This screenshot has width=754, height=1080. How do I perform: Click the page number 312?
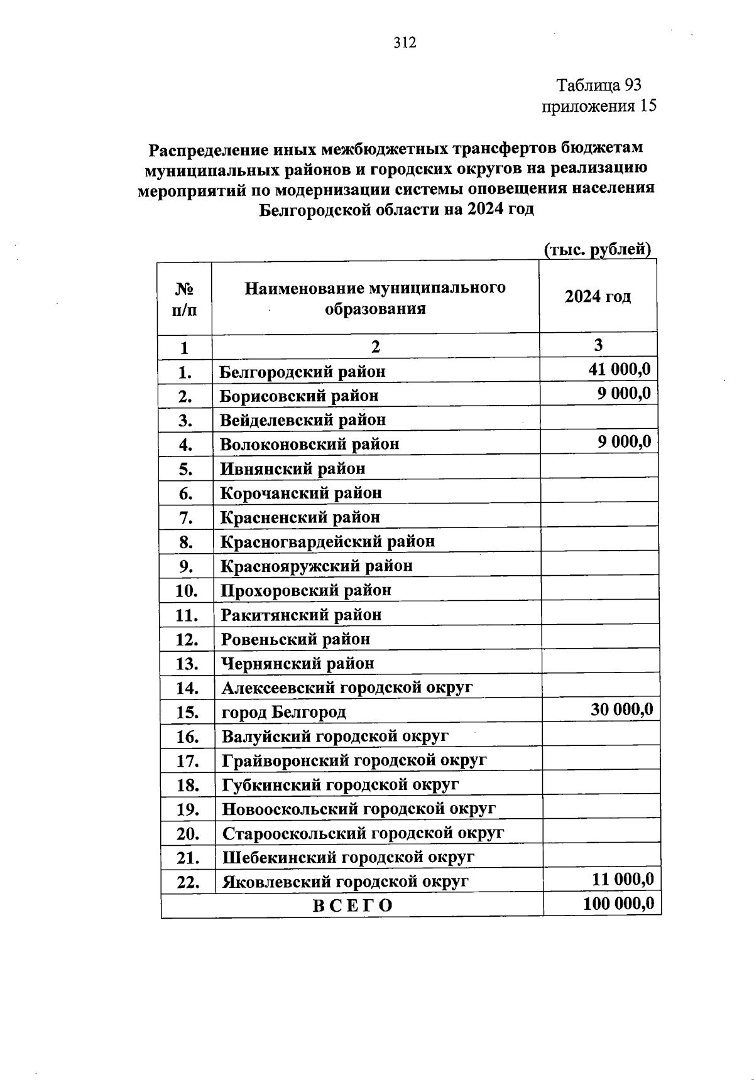[405, 43]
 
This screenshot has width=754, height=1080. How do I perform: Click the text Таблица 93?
[599, 85]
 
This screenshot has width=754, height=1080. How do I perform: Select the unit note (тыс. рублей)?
[597, 249]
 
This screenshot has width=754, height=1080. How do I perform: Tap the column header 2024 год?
[598, 296]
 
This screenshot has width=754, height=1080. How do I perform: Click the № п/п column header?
[184, 299]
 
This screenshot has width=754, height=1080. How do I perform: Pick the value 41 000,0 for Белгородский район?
[619, 369]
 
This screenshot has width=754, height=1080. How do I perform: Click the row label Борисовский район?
[299, 396]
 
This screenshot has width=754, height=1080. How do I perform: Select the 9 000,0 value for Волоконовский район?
[624, 441]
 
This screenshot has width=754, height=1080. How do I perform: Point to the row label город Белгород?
[283, 713]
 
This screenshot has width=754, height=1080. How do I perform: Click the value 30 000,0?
[621, 710]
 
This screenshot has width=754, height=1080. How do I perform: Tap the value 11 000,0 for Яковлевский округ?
[623, 879]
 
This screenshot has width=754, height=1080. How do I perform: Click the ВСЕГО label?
[352, 905]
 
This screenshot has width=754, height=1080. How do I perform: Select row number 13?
[187, 664]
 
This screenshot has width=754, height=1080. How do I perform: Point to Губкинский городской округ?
[340, 785]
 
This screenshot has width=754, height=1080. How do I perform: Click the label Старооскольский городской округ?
[363, 834]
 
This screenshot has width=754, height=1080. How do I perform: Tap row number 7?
[185, 518]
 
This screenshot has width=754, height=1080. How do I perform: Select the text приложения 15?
[599, 106]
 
